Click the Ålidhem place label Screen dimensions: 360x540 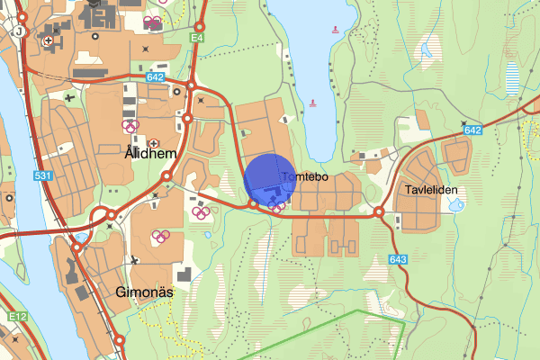pyautogui.click(x=148, y=155)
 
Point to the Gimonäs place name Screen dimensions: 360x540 pyautogui.click(x=144, y=292)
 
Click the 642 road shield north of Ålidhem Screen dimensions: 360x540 pyautogui.click(x=154, y=79)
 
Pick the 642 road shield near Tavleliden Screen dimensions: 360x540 pyautogui.click(x=473, y=130)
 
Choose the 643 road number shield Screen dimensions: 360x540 pyautogui.click(x=400, y=259)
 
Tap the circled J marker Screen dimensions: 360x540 pyautogui.click(x=18, y=30)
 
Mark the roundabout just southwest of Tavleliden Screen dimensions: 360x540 pyautogui.click(x=380, y=212)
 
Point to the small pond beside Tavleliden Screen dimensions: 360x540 pyautogui.click(x=457, y=206)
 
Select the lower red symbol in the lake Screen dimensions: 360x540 pyautogui.click(x=313, y=102)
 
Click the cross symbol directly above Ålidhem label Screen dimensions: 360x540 pyautogui.click(x=154, y=142)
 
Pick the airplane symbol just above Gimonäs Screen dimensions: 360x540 pyautogui.click(x=134, y=260)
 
